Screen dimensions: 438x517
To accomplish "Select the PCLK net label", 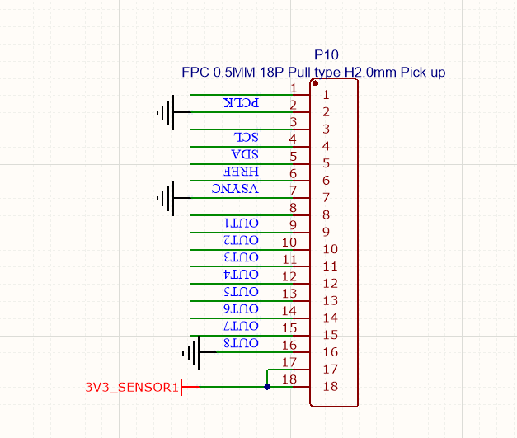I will tap(241, 103).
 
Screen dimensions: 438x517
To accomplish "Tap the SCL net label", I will tap(247, 138).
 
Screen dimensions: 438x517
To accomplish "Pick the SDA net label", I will tap(246, 155).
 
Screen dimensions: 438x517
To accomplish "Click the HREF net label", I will tap(242, 172).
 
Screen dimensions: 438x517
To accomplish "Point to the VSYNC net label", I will tap(235, 189).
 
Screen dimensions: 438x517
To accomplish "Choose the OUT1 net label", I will tap(242, 224).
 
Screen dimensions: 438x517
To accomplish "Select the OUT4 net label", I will tap(242, 275).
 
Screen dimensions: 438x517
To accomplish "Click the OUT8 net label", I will tap(242, 343).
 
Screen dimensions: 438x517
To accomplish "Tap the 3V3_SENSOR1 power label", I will tap(132, 387).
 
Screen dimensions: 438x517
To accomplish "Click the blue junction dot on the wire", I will tap(267, 386).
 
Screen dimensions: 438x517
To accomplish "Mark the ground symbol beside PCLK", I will tap(166, 111).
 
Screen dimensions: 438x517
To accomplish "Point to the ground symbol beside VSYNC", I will tap(166, 198).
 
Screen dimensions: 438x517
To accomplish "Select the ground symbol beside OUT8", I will tap(190, 353).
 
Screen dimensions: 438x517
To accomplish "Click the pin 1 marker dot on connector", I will tap(315, 83).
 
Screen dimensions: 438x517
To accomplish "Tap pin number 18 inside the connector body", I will tap(330, 387).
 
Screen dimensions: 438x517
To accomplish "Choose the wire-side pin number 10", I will tap(289, 243).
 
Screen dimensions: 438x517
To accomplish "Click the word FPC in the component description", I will tap(195, 73).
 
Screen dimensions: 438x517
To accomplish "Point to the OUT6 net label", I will tap(242, 308).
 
